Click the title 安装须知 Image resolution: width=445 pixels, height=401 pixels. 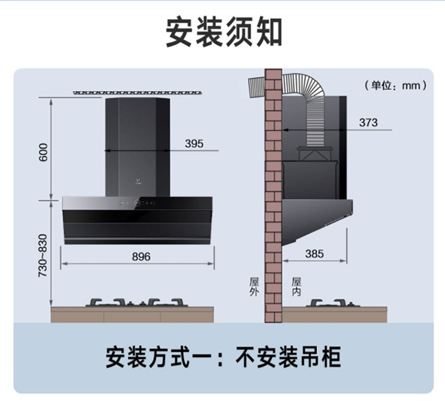[x=223, y=32]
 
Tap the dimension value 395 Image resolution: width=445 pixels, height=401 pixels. [x=193, y=143]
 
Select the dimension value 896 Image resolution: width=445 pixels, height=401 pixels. [x=141, y=256]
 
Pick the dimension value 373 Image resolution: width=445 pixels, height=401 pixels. [x=368, y=122]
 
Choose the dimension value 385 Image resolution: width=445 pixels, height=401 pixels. [x=314, y=254]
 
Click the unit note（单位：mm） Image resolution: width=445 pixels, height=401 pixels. [x=395, y=86]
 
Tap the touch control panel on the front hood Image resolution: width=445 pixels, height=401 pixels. [x=138, y=204]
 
